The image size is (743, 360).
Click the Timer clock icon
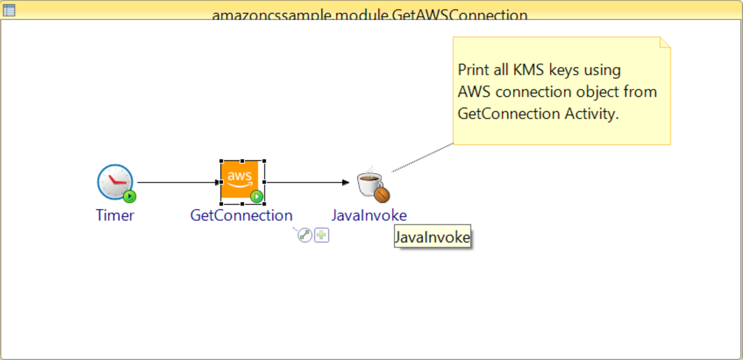[115, 182]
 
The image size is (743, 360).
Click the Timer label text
[115, 215]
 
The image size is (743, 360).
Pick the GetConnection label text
[241, 215]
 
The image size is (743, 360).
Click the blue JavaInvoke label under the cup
[369, 215]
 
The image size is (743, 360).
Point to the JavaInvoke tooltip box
[432, 237]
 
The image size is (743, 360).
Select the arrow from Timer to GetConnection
[175, 182]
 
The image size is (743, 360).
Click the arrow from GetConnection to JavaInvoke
[307, 182]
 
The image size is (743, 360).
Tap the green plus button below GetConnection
[322, 235]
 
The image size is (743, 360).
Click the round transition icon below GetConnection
[305, 235]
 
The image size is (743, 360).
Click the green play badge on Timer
[130, 196]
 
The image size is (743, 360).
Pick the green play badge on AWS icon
[257, 196]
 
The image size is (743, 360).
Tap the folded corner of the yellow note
[665, 43]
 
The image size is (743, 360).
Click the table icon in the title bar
[9, 9]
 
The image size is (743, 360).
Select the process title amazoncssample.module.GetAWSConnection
[369, 15]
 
